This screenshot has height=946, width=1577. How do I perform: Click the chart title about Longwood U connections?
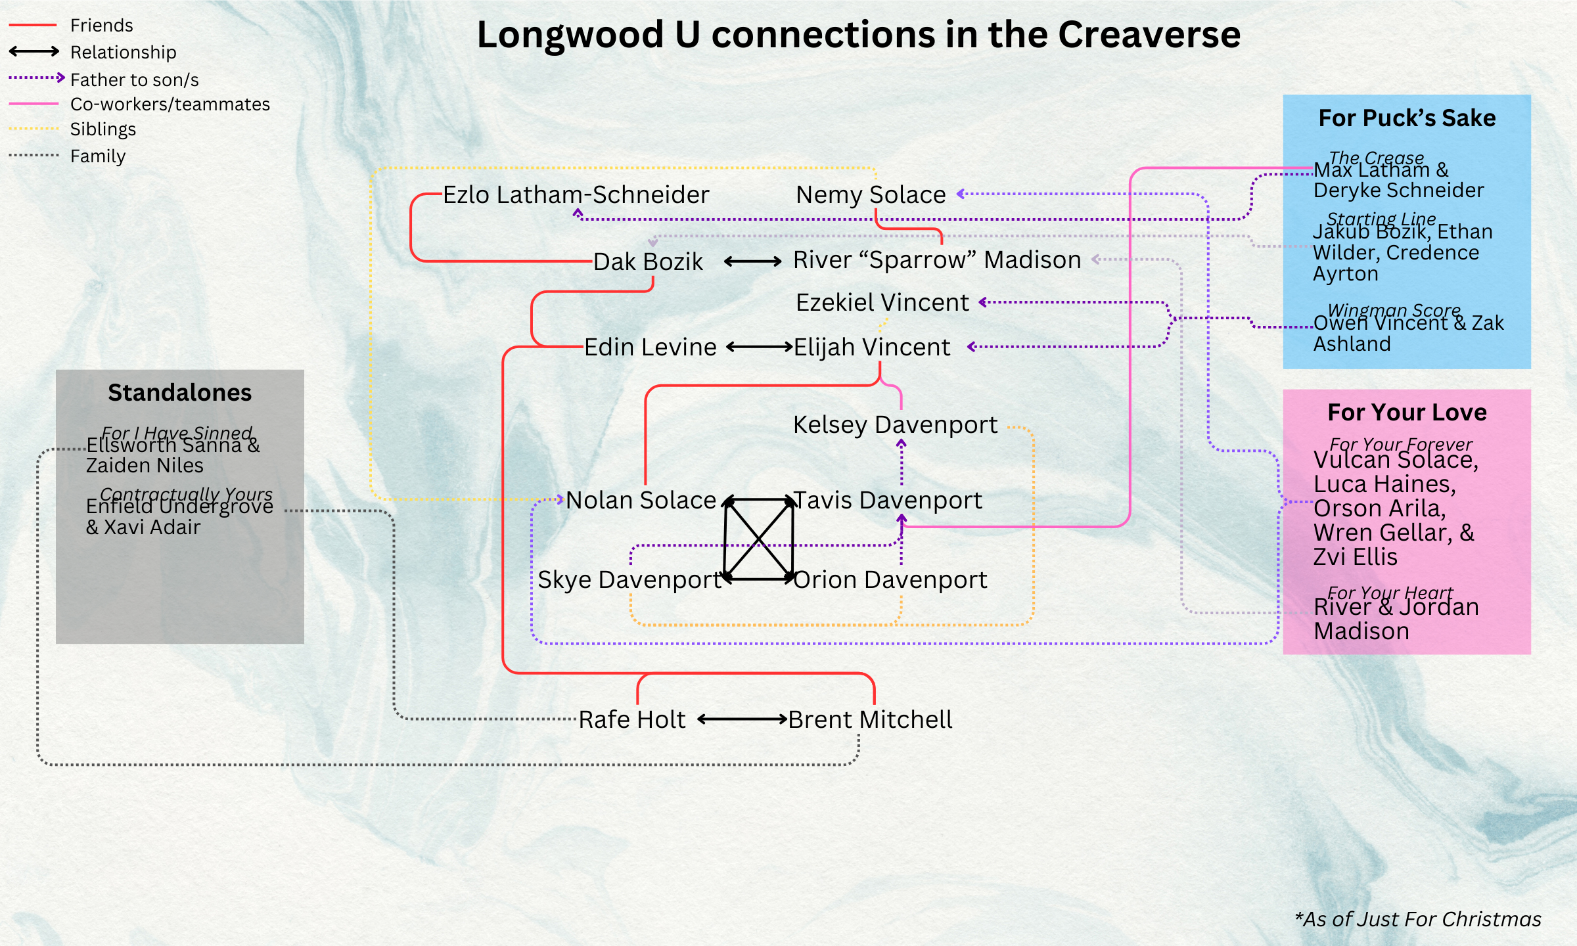tap(858, 34)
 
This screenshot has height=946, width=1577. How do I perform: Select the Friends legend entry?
tap(101, 26)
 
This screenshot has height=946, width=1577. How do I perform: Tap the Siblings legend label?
tap(103, 129)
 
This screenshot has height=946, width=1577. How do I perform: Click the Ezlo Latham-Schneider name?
tap(576, 195)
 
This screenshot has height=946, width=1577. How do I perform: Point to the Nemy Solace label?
tap(871, 195)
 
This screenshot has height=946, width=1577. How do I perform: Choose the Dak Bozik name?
tap(648, 261)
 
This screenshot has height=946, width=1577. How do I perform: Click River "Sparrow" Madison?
tap(937, 260)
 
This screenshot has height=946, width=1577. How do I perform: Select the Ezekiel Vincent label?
tap(882, 303)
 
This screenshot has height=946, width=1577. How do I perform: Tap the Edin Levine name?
tap(650, 348)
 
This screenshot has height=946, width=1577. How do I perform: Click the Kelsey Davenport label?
tap(895, 425)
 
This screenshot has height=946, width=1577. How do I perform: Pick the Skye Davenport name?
tap(629, 580)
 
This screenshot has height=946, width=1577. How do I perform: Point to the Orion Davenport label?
tap(890, 580)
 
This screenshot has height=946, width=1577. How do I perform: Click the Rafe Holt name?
tap(631, 720)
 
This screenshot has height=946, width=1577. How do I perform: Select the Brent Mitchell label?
tap(870, 720)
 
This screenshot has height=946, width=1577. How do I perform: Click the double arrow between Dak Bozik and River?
tap(752, 261)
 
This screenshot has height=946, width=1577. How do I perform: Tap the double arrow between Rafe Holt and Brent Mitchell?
tap(742, 719)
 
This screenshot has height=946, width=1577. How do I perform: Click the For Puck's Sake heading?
tap(1407, 118)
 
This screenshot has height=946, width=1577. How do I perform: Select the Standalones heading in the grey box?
tap(179, 393)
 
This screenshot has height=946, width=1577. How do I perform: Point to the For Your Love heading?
tap(1407, 413)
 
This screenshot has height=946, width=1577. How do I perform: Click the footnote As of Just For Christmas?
tap(1418, 919)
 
